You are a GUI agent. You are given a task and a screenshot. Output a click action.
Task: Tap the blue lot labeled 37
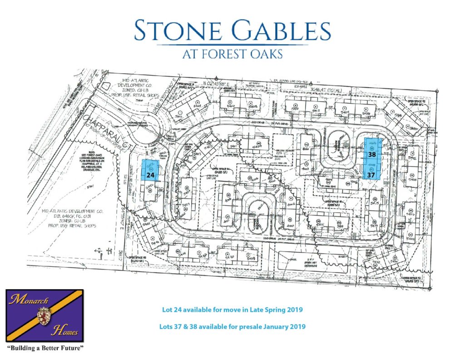[371, 173]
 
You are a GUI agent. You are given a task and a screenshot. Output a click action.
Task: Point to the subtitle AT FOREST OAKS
[232, 54]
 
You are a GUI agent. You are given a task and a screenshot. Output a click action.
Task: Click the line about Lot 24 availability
[232, 310]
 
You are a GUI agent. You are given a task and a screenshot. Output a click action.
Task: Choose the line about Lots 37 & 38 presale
[232, 326]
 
